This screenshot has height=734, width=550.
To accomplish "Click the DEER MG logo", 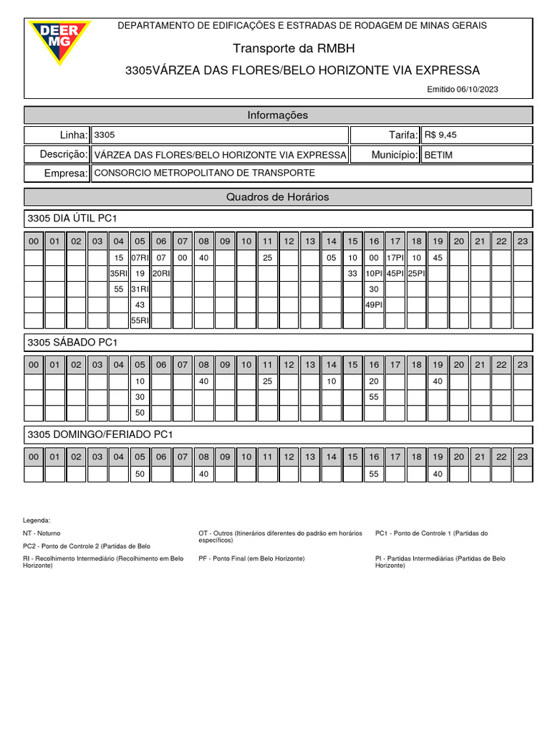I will (59, 41).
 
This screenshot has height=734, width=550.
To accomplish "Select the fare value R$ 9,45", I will (440, 135).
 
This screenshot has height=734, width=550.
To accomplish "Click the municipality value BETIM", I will (438, 155).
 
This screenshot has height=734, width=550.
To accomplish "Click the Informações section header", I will (278, 115).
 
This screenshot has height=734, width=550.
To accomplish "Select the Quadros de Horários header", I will (278, 196).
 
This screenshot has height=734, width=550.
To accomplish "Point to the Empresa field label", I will (66, 173).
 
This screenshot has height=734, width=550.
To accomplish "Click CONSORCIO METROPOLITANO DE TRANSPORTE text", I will (204, 173).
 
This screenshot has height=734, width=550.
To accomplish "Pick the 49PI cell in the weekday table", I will (374, 305).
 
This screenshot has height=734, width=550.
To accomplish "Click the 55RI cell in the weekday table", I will (140, 320).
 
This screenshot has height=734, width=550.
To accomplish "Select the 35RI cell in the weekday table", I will (119, 273).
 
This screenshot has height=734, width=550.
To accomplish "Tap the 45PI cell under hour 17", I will (395, 273).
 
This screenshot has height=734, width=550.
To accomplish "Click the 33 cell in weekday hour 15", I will (352, 273).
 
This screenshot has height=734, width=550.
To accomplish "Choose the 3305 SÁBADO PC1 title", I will (72, 342).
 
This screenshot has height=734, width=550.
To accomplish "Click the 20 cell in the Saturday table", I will (374, 381).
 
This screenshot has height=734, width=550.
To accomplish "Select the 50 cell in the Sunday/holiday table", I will (140, 474).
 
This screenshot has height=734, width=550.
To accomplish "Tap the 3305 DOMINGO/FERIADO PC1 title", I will (100, 434).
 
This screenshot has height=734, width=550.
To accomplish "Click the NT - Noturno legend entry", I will (42, 533).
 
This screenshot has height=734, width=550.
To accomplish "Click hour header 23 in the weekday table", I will (523, 242).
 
